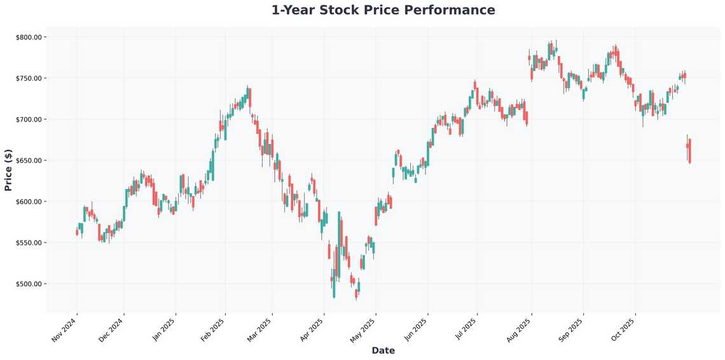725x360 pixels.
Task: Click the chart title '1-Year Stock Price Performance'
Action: pyautogui.click(x=383, y=10)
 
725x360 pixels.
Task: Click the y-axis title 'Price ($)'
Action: pyautogui.click(x=8, y=170)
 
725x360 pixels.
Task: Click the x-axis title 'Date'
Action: pyautogui.click(x=383, y=350)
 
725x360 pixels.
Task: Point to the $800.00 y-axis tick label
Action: pyautogui.click(x=28, y=38)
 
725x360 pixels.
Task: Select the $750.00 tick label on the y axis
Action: pyautogui.click(x=28, y=78)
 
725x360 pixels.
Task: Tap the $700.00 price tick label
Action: pyautogui.click(x=28, y=120)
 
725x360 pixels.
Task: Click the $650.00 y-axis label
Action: pyautogui.click(x=28, y=161)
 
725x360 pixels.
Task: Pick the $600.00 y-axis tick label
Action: pyautogui.click(x=28, y=202)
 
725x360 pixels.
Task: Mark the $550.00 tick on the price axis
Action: pyautogui.click(x=28, y=243)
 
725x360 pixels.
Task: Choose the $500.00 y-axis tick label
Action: pyautogui.click(x=28, y=284)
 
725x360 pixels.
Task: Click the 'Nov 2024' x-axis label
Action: pyautogui.click(x=64, y=330)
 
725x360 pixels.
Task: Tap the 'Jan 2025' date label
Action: pyautogui.click(x=163, y=330)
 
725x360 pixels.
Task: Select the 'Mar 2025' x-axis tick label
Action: pyautogui.click(x=260, y=330)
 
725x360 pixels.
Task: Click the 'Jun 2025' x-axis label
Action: pyautogui.click(x=415, y=330)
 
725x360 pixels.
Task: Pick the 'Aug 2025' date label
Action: pyautogui.click(x=519, y=330)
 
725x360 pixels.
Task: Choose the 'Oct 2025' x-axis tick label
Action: pyautogui.click(x=623, y=330)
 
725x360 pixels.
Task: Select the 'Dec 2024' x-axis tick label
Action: pyautogui.click(x=112, y=330)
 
